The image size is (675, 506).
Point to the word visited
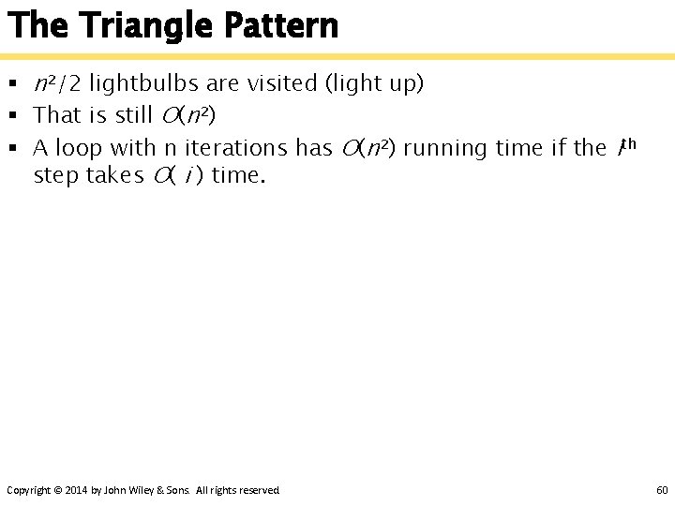pos(281,84)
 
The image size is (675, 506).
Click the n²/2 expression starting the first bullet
pos(57,84)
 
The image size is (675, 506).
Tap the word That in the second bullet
pos(57,116)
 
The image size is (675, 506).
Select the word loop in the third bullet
pos(79,148)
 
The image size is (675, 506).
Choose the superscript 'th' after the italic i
pos(630,143)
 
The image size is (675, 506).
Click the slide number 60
pos(662,490)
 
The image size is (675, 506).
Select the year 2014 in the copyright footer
pos(78,490)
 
